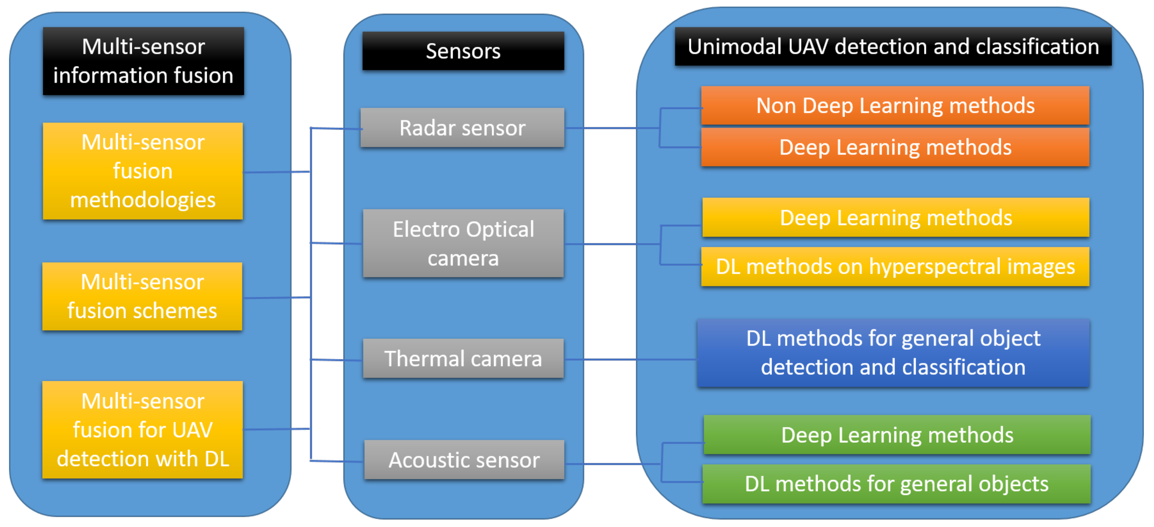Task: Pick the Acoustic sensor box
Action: pyautogui.click(x=464, y=460)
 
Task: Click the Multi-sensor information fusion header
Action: pyautogui.click(x=143, y=61)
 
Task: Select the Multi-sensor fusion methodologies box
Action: pyautogui.click(x=142, y=171)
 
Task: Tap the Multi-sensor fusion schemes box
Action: pyautogui.click(x=142, y=297)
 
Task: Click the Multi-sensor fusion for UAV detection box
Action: pyautogui.click(x=142, y=430)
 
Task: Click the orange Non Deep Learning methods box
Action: pyautogui.click(x=895, y=106)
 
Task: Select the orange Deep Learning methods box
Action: pyautogui.click(x=895, y=147)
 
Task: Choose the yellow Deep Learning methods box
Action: pyautogui.click(x=896, y=218)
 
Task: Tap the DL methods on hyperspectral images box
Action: pyautogui.click(x=895, y=266)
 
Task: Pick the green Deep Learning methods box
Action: pyautogui.click(x=897, y=435)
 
